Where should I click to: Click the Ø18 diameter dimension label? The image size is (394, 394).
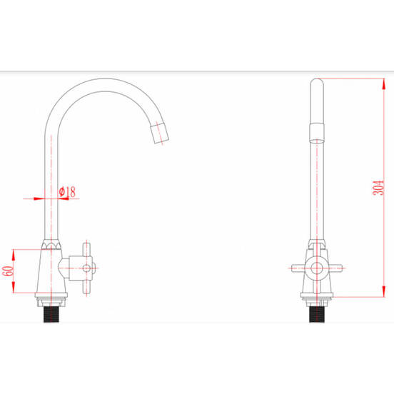pos(67,192)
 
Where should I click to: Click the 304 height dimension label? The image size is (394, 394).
pos(378,188)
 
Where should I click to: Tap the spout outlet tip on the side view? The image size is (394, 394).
pos(160,133)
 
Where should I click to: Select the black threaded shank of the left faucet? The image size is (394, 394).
pos(51,314)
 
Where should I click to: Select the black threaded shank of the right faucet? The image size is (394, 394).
pos(317,314)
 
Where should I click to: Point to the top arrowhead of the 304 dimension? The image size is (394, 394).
pos(384,84)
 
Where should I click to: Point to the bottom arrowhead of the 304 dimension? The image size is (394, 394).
pos(384,291)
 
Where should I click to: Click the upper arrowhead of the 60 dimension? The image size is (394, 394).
pos(14,255)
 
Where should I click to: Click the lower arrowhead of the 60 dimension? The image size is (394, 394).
pos(14,288)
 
